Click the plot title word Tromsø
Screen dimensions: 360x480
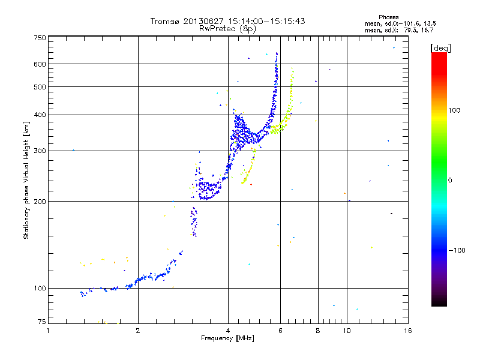(x=165, y=21)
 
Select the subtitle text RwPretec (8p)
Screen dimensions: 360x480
(x=228, y=28)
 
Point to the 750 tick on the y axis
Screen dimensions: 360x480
(x=40, y=37)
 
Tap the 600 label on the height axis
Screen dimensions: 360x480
(x=40, y=64)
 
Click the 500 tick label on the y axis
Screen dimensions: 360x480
(x=40, y=87)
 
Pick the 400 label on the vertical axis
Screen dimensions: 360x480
(x=40, y=115)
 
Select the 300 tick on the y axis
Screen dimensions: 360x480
(x=40, y=151)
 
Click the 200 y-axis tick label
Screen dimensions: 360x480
(x=40, y=201)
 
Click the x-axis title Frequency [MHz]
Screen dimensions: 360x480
(x=227, y=339)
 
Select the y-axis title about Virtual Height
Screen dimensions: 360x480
(x=26, y=179)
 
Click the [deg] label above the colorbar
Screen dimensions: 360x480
(x=440, y=47)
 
